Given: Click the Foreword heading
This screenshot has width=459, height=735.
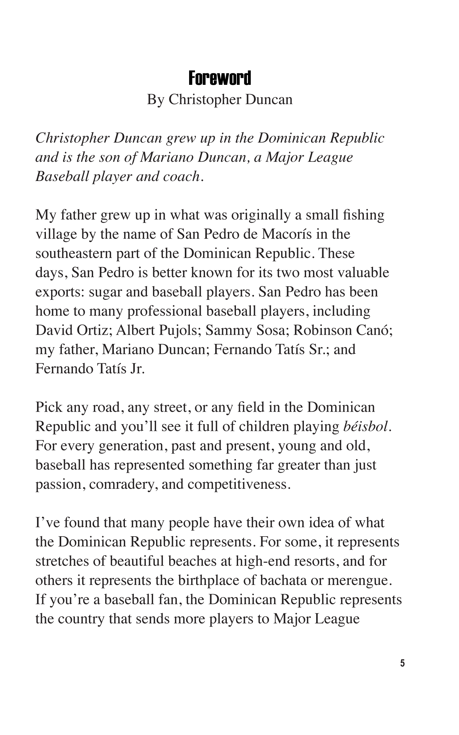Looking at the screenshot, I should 219,78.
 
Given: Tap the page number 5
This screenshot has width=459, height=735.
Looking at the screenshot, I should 402,663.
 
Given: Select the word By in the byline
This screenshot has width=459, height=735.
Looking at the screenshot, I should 155,100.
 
